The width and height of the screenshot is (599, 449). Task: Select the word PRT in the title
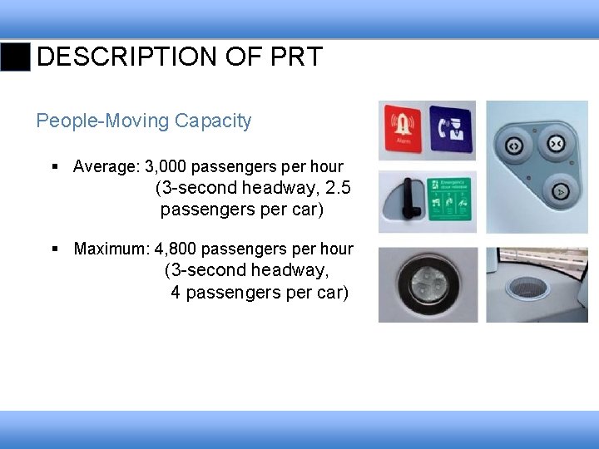(x=297, y=57)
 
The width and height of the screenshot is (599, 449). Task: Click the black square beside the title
(x=15, y=57)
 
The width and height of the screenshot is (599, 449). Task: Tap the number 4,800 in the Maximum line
(x=176, y=249)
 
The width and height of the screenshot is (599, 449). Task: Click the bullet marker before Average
(x=54, y=166)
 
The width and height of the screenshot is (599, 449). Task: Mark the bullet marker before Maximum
(x=54, y=249)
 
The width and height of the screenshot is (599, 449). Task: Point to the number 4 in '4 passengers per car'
(x=176, y=293)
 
